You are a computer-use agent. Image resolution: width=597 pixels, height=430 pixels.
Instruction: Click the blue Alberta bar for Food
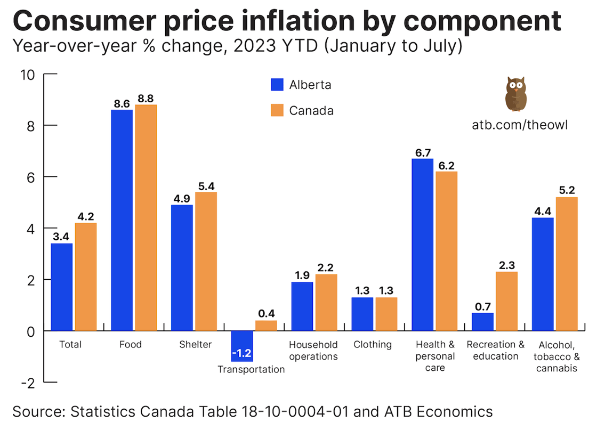tap(122, 220)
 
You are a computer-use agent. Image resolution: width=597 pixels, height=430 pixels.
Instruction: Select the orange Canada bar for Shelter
tap(205, 261)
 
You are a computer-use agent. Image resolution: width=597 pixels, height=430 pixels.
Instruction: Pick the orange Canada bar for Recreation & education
tap(506, 301)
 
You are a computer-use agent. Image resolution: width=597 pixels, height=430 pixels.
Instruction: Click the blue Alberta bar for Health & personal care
tap(422, 245)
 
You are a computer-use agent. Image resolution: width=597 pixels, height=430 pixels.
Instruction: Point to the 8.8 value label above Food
tap(146, 99)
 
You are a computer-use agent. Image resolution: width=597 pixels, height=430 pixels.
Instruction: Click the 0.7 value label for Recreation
tap(482, 306)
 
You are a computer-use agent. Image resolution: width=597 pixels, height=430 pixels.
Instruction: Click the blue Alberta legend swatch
tap(278, 85)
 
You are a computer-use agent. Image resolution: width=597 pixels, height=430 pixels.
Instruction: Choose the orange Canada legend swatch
tap(278, 110)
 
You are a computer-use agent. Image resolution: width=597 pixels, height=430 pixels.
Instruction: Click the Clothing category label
tap(372, 345)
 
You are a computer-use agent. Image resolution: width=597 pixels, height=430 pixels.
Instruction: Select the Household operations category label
tap(313, 351)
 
